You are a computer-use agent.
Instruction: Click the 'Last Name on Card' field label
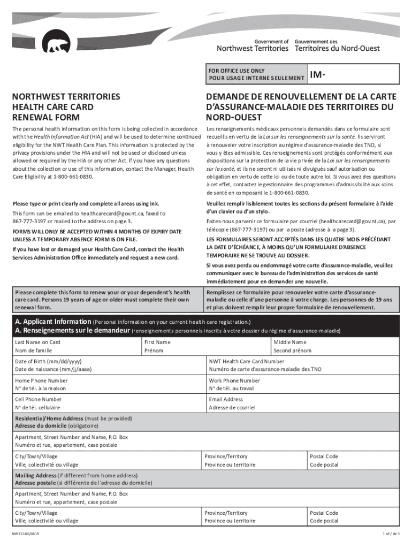pos(37,342)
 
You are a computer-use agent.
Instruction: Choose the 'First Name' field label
pos(157,342)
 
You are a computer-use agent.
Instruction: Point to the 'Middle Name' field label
pos(290,342)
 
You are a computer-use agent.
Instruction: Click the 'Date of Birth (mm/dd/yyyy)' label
pos(48,361)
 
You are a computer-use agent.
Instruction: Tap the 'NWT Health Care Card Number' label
pos(247,361)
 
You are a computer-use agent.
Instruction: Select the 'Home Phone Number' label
pos(41,380)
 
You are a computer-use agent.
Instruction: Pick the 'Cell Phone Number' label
pos(39,399)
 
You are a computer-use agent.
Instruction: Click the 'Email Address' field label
pos(226,399)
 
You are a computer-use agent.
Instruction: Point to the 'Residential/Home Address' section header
pos(49,418)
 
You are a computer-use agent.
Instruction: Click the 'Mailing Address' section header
pos(35,475)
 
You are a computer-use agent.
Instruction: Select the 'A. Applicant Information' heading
pos(53,322)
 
